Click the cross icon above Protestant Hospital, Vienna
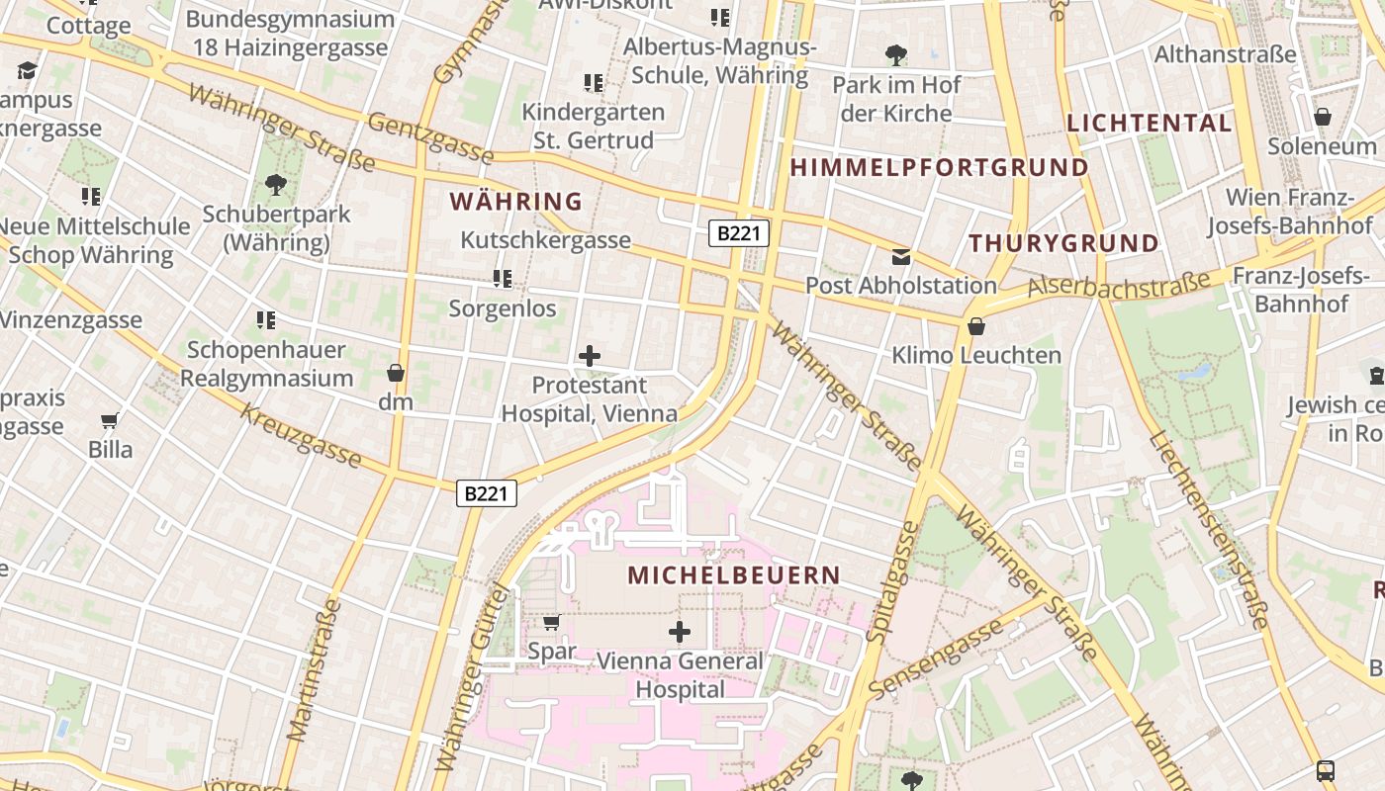(x=590, y=356)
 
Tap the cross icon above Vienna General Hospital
(x=680, y=632)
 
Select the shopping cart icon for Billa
(x=110, y=421)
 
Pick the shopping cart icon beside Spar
(x=552, y=623)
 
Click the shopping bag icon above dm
(x=396, y=373)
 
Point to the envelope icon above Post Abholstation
(x=901, y=257)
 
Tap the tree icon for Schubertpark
(x=276, y=184)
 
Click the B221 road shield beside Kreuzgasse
(x=487, y=493)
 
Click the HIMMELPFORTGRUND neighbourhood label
(x=939, y=168)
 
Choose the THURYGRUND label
(x=1063, y=243)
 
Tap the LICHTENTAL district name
(x=1150, y=124)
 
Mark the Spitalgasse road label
(x=893, y=582)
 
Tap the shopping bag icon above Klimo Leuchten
(x=976, y=326)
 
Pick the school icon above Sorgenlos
(x=503, y=279)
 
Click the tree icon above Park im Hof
(x=896, y=55)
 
